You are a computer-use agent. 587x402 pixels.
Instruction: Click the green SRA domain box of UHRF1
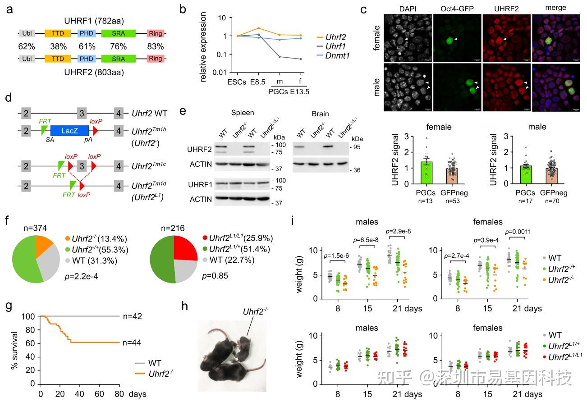pyautogui.click(x=118, y=33)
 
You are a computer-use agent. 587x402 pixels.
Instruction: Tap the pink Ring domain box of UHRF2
pyautogui.click(x=156, y=59)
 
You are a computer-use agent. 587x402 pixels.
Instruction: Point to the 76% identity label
pyautogui.click(x=118, y=46)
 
